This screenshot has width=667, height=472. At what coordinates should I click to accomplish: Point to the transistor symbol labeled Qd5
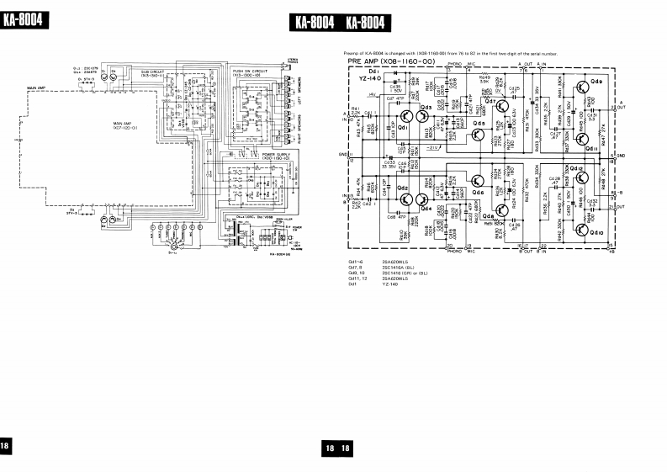(x=478, y=125)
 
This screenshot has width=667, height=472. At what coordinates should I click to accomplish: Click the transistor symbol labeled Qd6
(x=478, y=179)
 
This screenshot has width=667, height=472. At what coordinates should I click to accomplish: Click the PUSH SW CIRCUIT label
(x=248, y=73)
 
